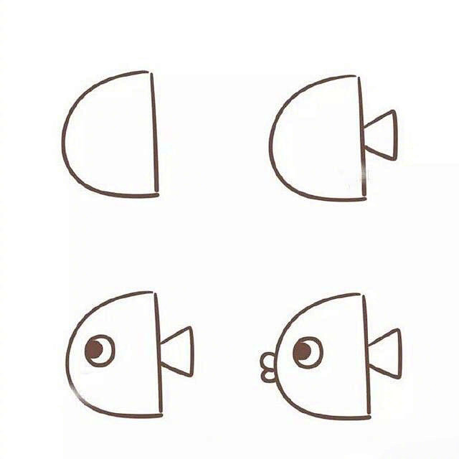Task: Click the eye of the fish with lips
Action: pos(308,352)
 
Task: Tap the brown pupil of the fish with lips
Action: pos(303,351)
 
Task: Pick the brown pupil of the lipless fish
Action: pos(95,349)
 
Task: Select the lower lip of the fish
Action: pos(268,374)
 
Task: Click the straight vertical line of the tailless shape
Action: pos(153,133)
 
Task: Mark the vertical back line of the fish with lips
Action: pos(366,355)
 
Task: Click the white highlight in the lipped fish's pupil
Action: pos(308,347)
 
